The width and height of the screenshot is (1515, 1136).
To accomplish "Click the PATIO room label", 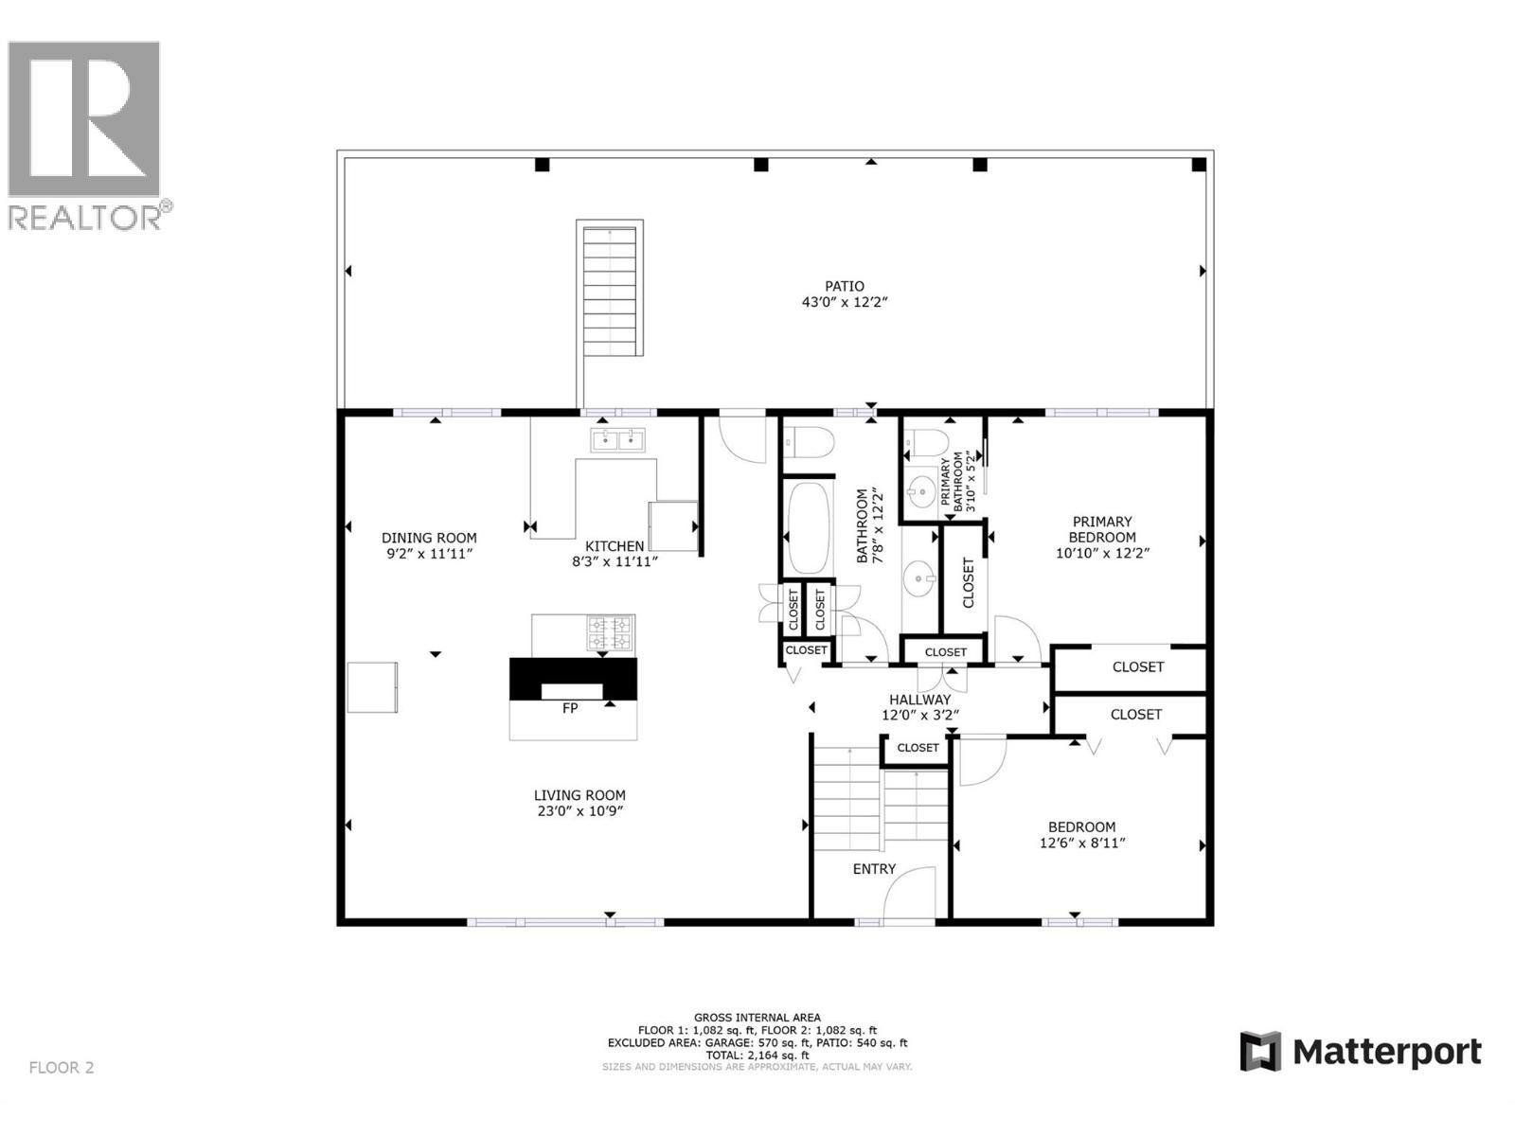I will point(844,286).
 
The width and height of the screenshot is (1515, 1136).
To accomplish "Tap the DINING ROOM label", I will point(429,538).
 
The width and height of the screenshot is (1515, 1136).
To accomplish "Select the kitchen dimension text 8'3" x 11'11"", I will point(615,561).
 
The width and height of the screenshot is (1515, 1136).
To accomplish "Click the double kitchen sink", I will point(617,439).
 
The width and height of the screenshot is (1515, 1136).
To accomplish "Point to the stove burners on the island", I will point(610,633).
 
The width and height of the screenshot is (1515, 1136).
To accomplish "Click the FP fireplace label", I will point(570,707).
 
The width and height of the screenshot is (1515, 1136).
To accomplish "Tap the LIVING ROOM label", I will point(579,795).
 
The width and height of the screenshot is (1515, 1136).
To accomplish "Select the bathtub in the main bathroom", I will point(808,528).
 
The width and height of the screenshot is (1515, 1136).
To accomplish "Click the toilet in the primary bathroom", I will point(927,442).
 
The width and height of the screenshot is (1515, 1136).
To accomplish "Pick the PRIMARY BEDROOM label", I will point(1102,529).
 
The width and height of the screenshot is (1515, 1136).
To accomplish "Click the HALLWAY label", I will point(919,700).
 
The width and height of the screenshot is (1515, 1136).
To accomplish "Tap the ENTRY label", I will point(874,869).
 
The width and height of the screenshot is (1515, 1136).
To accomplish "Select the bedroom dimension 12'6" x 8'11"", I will point(1081,843).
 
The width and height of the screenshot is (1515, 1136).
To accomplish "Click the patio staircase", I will point(611,289).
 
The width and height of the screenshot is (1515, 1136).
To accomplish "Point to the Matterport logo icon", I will point(1260,1052).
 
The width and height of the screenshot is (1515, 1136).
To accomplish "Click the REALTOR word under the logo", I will point(85,218).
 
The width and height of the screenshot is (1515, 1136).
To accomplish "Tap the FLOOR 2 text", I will point(62,1068).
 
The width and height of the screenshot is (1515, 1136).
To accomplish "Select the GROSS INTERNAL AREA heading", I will point(757,1018).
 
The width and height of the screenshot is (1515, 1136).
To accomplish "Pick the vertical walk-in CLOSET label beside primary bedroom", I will point(968,582).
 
